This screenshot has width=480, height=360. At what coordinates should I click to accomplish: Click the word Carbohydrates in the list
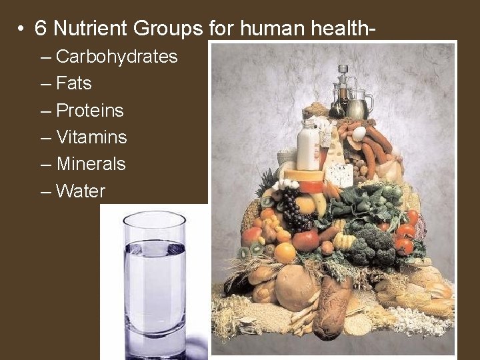coord(117,57)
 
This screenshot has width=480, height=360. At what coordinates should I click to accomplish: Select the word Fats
coord(74,83)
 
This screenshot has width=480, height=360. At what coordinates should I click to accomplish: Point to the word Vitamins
coord(91,137)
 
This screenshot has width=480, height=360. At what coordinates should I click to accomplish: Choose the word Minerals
coord(91,164)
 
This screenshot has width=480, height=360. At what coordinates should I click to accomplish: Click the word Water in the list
coord(81,191)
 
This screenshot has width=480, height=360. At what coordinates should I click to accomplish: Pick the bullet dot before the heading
coord(22,29)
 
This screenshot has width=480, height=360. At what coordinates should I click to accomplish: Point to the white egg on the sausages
coord(359,133)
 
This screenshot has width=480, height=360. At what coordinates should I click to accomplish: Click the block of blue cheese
coord(341,175)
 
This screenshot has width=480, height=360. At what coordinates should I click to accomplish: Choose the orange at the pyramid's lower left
coord(285,252)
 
